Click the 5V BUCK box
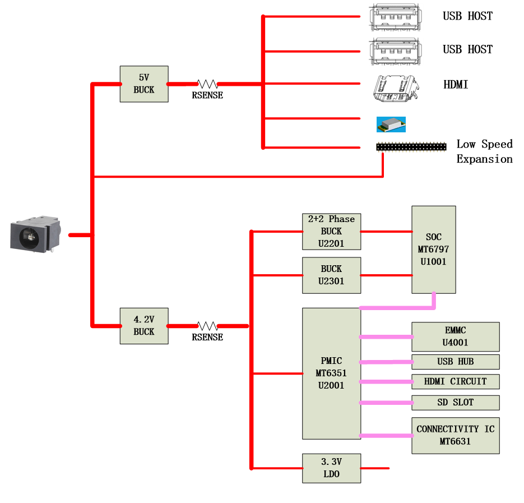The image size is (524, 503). click(x=144, y=84)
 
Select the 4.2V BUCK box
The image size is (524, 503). click(x=144, y=326)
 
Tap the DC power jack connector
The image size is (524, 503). click(x=35, y=234)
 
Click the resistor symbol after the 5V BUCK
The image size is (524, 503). click(x=207, y=84)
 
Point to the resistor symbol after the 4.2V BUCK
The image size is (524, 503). click(x=207, y=326)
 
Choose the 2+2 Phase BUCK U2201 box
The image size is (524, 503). click(x=331, y=231)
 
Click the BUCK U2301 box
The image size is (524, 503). click(x=331, y=275)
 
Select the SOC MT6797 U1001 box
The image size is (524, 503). click(x=433, y=250)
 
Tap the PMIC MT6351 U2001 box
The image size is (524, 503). click(x=331, y=373)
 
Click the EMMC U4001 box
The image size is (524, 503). click(x=455, y=336)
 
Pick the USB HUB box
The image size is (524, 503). click(x=455, y=362)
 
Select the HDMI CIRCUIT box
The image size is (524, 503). click(x=455, y=382)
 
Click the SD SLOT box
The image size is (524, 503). click(x=455, y=403)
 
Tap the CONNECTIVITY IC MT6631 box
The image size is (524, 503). click(x=455, y=436)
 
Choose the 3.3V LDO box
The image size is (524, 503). click(x=331, y=468)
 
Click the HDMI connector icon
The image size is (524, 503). click(x=397, y=88)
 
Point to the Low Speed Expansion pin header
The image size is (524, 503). click(x=411, y=146)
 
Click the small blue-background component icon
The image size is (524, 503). click(x=391, y=124)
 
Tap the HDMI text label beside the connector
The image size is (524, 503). click(x=456, y=85)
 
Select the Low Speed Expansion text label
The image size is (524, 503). click(x=484, y=151)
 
